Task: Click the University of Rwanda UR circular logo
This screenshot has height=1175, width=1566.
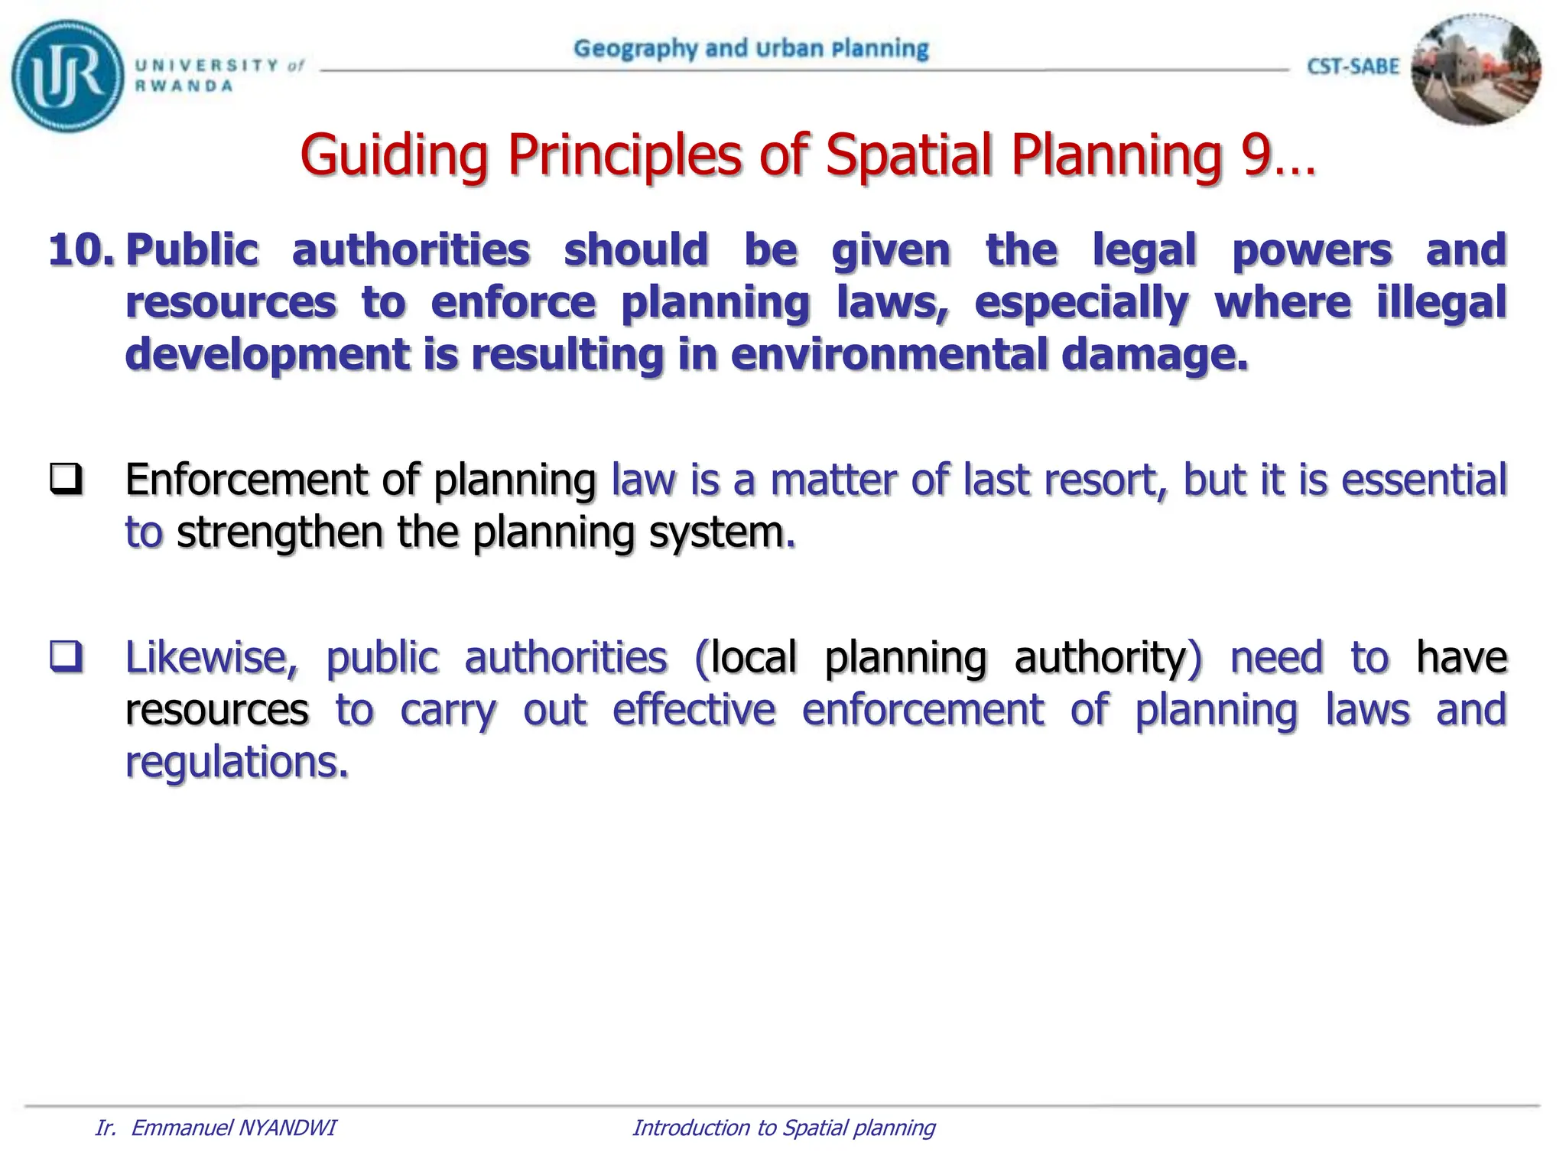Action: (67, 76)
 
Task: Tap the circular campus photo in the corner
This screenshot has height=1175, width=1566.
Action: (1476, 70)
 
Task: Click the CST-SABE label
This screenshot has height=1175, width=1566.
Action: (1353, 67)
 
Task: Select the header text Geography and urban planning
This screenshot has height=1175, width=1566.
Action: (751, 49)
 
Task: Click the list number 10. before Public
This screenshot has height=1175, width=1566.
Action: (81, 251)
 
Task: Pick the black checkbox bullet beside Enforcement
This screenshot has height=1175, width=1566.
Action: (67, 480)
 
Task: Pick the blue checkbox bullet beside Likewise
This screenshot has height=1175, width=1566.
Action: (67, 656)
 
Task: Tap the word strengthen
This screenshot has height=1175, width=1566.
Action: (279, 532)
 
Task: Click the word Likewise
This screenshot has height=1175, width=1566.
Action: (212, 658)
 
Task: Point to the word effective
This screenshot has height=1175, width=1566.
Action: (694, 710)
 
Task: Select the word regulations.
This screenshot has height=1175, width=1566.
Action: (237, 763)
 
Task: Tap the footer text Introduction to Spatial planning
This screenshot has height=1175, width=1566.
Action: (784, 1128)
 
